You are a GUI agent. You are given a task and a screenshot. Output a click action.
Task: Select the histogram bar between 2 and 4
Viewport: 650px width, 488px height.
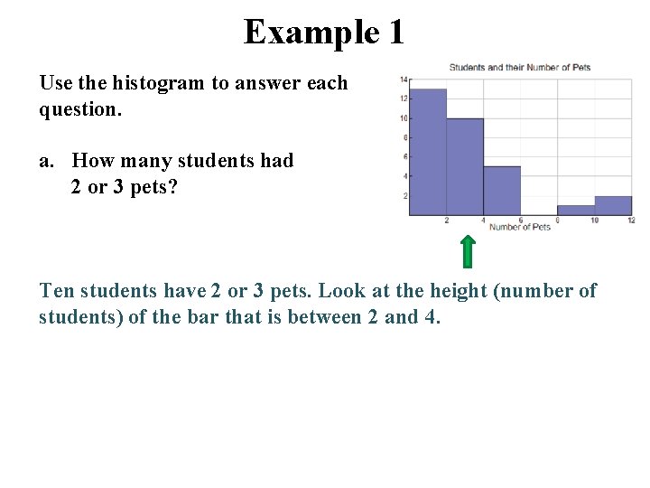(x=465, y=167)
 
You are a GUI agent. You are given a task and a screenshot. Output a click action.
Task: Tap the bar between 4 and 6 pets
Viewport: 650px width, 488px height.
(x=502, y=191)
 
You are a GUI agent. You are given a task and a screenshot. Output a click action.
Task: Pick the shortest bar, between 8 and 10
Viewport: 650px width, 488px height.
(x=576, y=211)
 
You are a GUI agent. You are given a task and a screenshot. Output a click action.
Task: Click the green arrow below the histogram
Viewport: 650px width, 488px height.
(x=468, y=251)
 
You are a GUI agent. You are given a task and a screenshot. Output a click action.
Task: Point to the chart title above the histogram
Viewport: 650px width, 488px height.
(x=520, y=68)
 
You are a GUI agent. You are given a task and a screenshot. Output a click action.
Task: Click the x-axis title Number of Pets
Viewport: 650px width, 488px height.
(x=520, y=227)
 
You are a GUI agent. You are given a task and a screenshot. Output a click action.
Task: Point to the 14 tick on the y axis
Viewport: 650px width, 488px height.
(x=404, y=79)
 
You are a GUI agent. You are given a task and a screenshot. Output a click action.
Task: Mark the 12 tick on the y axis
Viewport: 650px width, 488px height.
(x=404, y=99)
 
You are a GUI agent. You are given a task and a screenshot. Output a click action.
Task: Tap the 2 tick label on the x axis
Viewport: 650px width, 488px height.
(x=447, y=221)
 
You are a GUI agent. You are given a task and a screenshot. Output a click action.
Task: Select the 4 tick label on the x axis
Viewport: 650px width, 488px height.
(x=484, y=221)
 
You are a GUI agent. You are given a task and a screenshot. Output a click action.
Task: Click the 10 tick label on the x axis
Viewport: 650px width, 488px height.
(x=594, y=221)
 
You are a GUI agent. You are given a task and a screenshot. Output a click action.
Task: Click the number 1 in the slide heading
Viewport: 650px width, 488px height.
(x=396, y=33)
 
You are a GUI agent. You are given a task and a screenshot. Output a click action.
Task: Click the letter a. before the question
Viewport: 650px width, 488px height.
(x=46, y=161)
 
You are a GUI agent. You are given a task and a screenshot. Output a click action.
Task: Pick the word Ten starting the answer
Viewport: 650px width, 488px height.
(x=57, y=291)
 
